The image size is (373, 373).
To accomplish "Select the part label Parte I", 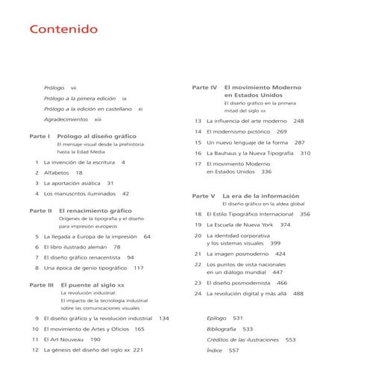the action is [x=39, y=138].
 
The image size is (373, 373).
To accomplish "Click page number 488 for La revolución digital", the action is [x=298, y=294].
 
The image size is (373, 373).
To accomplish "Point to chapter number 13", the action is [x=198, y=121].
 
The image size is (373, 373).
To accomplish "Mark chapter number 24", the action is [x=198, y=294].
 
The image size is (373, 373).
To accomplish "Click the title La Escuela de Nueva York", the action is [x=238, y=225].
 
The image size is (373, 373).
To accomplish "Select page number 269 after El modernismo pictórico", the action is [x=281, y=132].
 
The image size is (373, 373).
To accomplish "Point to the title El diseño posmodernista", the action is [x=237, y=283].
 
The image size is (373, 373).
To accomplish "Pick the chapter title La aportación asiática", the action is [x=72, y=183].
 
